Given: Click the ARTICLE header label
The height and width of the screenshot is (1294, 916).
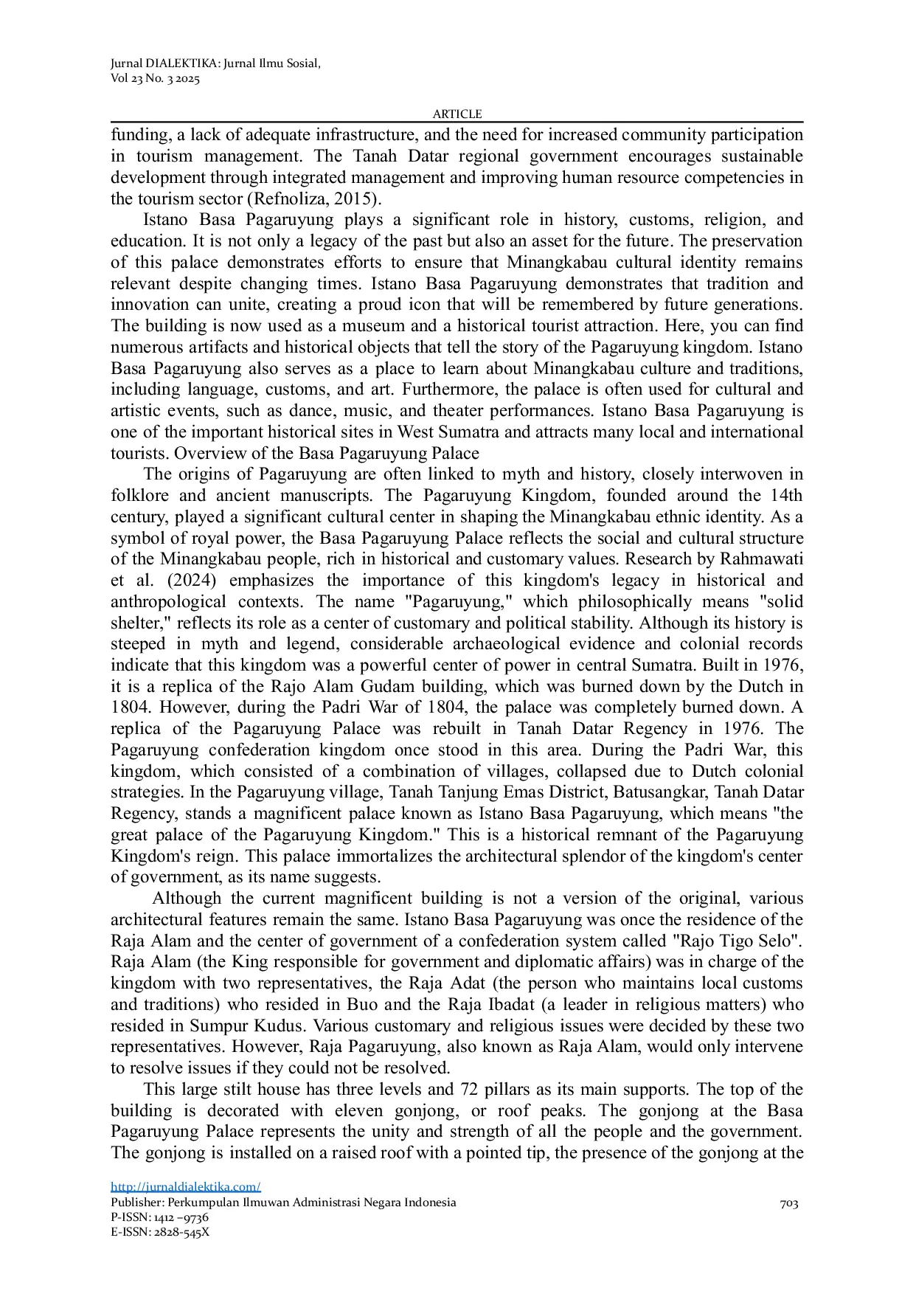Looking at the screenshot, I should click(457, 114).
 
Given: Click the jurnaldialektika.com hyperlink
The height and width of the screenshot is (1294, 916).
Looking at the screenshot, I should click(185, 1187).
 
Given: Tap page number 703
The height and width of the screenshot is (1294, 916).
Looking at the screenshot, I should click(788, 1204).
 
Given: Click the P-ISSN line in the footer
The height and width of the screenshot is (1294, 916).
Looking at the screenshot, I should click(159, 1217).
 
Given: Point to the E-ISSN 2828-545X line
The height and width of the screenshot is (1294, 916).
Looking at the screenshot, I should click(160, 1232).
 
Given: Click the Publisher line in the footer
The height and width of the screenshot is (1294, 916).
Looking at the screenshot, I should click(283, 1203).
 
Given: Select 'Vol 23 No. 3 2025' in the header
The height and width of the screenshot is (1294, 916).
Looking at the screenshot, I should click(155, 79).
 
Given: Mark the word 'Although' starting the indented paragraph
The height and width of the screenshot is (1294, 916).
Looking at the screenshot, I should click(187, 899).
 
